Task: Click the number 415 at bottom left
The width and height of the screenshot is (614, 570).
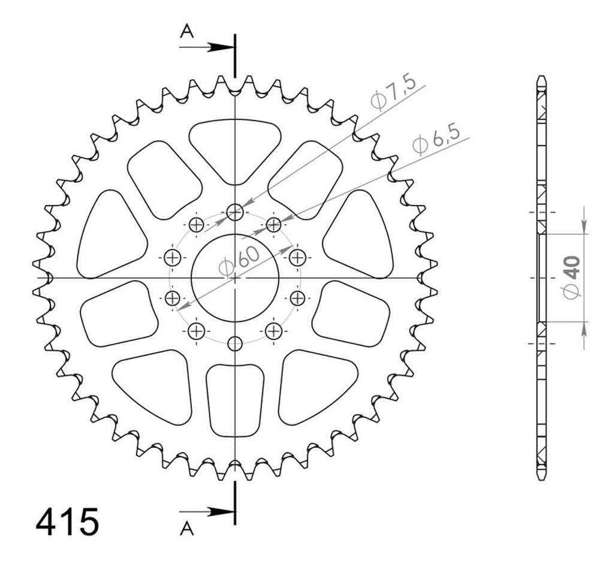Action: (67, 522)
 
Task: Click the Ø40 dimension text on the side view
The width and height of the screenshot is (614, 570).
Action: (571, 278)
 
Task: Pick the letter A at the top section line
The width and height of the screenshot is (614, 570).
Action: (187, 31)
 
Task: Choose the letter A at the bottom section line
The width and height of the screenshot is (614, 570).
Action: (187, 529)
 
